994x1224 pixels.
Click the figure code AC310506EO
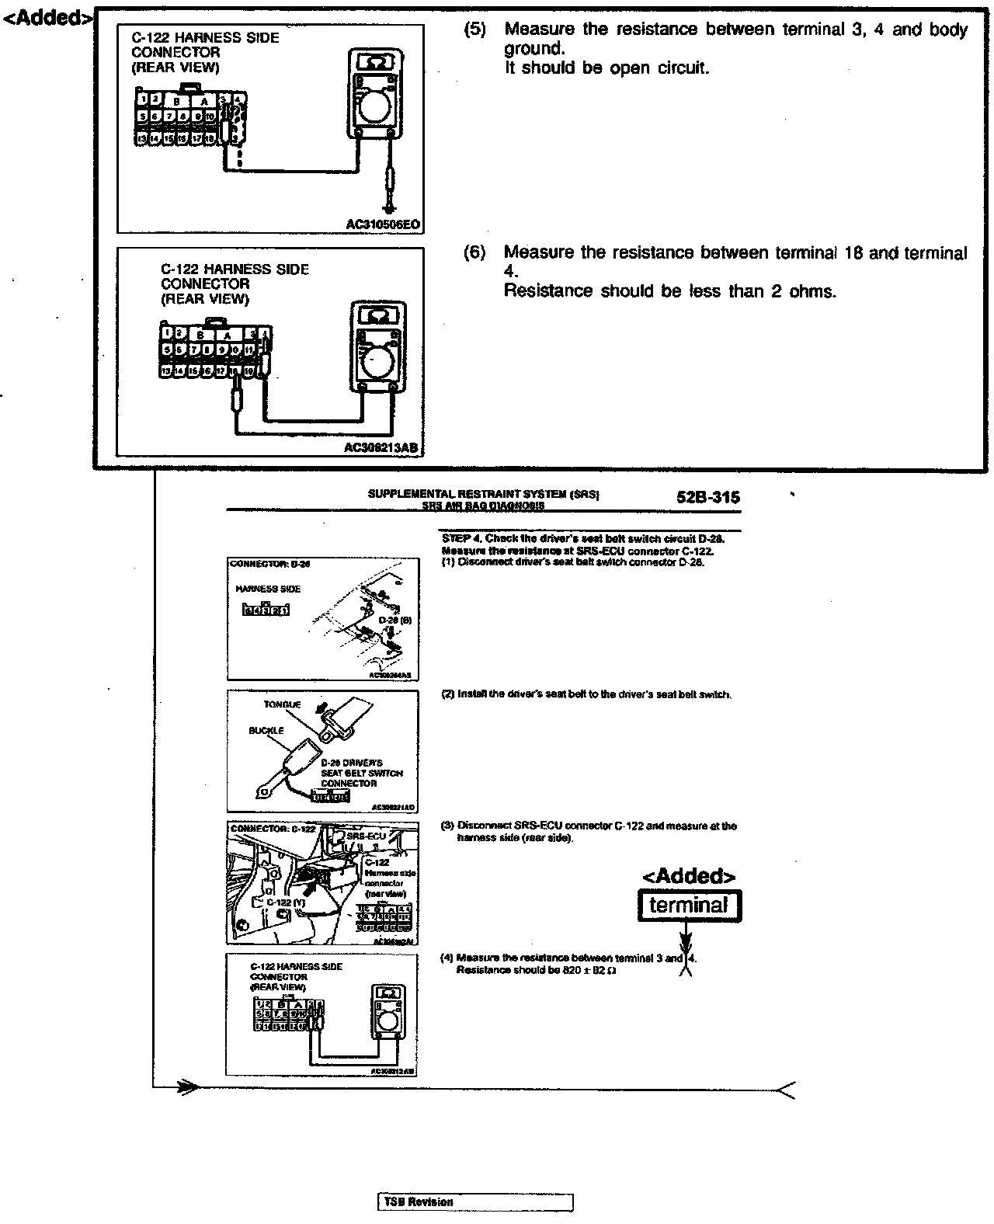(x=383, y=225)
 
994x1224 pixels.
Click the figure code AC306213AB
(x=381, y=448)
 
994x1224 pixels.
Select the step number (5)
(x=474, y=30)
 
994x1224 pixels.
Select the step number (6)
(x=474, y=253)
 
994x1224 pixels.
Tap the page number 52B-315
(x=708, y=498)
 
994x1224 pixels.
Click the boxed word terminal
(x=689, y=906)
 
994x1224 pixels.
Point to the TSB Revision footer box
(x=475, y=1201)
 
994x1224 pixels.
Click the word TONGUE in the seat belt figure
(x=282, y=705)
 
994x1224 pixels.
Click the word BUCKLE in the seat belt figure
(x=266, y=731)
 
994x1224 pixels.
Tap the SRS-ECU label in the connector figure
(x=366, y=836)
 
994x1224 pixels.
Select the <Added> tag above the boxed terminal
(x=688, y=877)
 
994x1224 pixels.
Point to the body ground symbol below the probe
(x=390, y=207)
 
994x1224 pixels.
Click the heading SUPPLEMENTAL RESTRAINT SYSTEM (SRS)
(x=482, y=494)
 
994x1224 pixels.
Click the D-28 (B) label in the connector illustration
(x=394, y=621)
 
